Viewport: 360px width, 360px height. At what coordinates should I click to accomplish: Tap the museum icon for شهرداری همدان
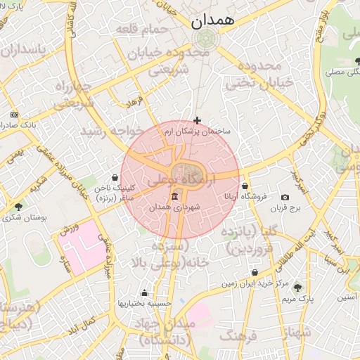[x=174, y=196]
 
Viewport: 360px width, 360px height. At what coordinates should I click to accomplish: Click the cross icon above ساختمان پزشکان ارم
[x=197, y=121]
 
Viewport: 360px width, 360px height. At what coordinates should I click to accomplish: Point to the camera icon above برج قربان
[x=285, y=198]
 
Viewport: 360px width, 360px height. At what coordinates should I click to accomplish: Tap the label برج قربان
[x=286, y=208]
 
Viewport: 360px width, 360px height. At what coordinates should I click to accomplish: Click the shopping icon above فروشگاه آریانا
[x=245, y=186]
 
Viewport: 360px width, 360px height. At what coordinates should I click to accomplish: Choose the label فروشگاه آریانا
[x=243, y=198]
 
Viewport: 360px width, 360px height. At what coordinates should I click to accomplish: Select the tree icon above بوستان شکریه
[x=18, y=207]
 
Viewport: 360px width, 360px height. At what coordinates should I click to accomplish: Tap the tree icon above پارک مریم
[x=297, y=287]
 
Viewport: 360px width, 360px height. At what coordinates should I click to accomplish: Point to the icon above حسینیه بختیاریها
[x=145, y=293]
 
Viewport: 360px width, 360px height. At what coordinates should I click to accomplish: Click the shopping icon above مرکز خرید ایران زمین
[x=255, y=273]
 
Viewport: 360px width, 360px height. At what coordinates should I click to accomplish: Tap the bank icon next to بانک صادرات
[x=14, y=115]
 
